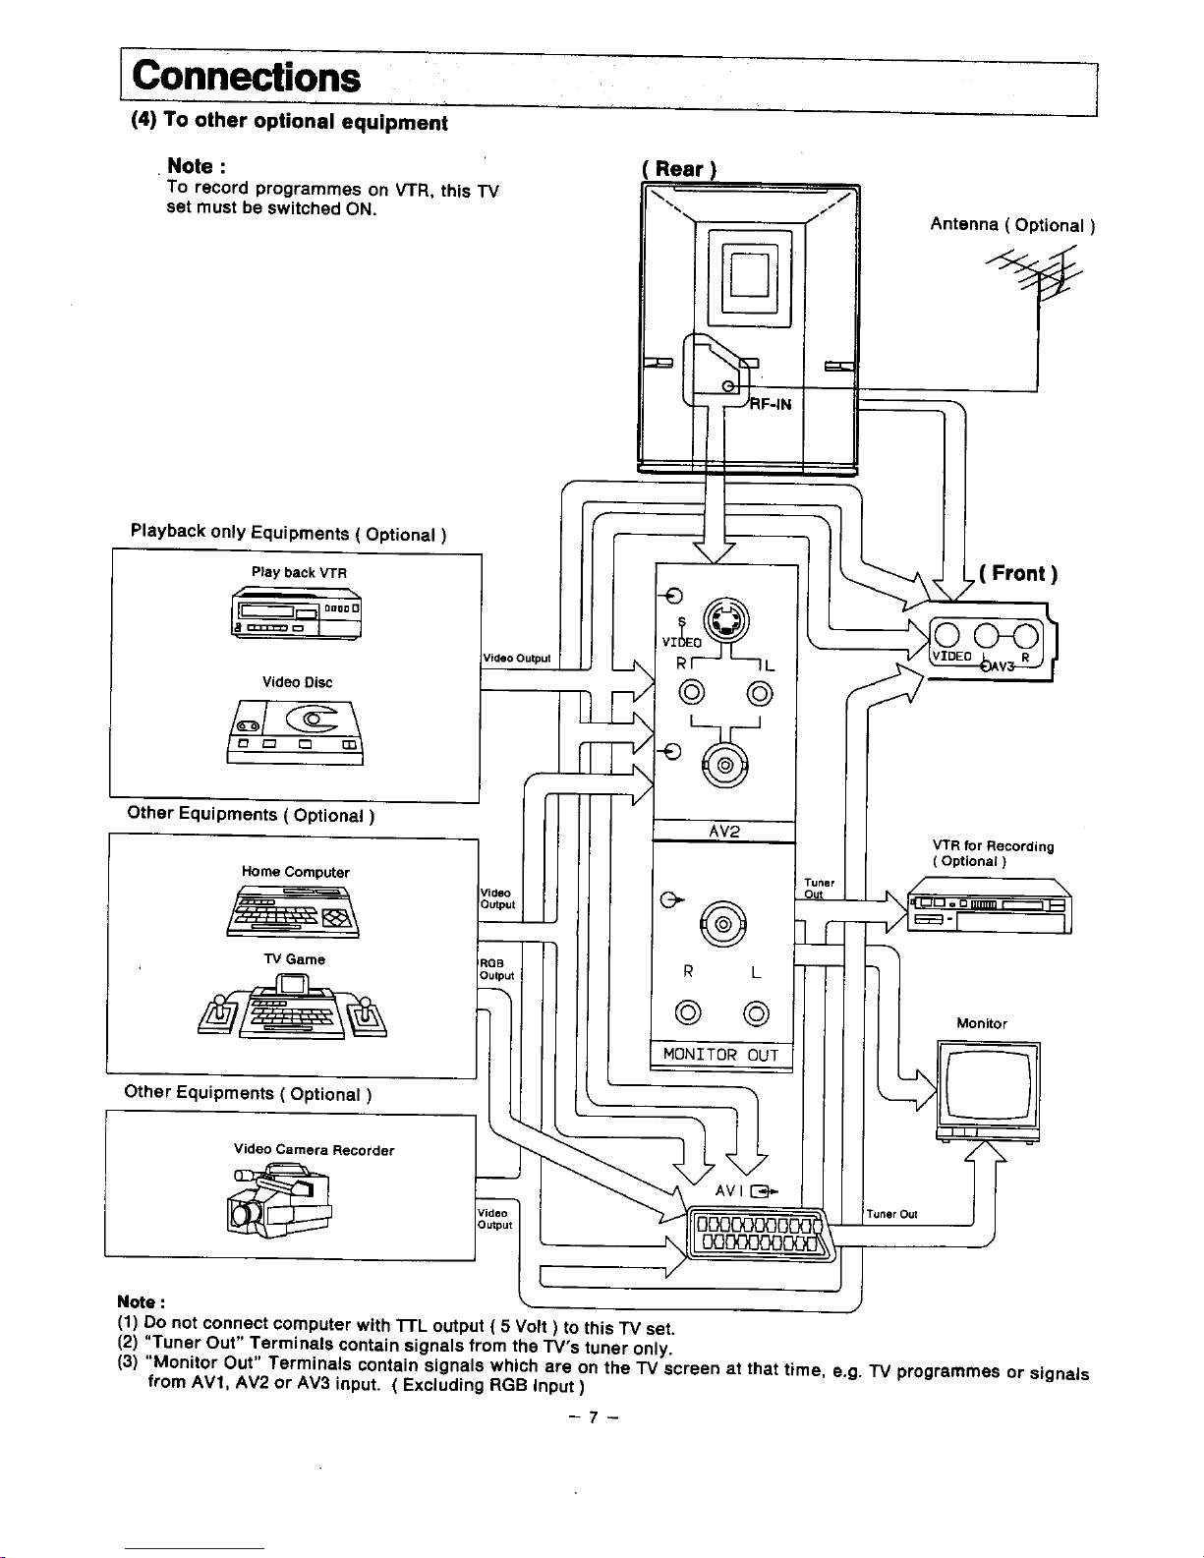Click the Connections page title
247,77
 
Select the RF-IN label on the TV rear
772,404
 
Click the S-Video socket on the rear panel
725,620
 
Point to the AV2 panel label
723,832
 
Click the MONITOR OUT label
720,1056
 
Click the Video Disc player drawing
296,732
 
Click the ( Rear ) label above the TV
678,169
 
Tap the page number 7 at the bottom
593,1418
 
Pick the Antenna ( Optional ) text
1012,225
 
